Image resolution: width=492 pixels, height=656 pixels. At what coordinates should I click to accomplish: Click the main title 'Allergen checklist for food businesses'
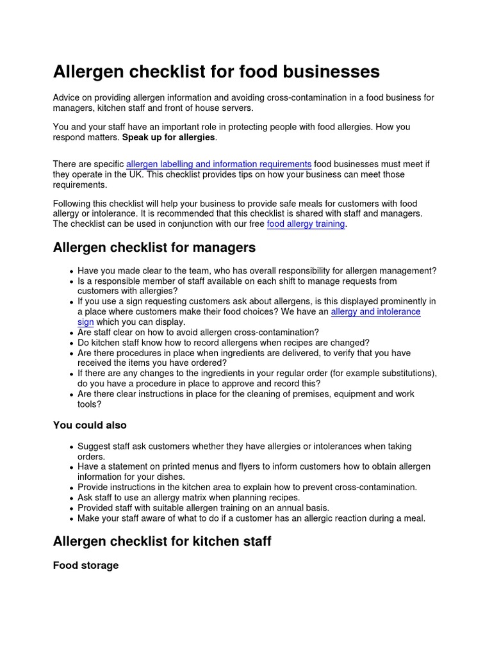click(216, 72)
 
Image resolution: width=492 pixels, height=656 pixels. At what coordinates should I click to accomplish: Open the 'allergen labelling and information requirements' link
click(218, 165)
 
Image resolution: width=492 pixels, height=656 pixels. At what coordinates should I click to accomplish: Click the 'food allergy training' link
click(306, 224)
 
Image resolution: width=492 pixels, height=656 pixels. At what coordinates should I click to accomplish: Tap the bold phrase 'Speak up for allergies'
click(168, 138)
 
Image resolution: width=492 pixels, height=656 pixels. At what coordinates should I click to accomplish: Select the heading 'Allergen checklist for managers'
click(154, 247)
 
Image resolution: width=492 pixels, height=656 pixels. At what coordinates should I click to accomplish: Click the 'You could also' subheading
click(90, 425)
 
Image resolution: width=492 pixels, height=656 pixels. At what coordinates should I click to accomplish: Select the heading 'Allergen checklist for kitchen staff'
click(162, 541)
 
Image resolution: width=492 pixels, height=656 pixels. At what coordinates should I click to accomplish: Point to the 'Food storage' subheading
click(85, 566)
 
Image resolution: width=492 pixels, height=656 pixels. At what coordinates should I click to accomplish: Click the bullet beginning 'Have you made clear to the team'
click(256, 271)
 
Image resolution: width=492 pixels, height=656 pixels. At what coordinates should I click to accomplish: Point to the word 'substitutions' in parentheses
click(407, 373)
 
